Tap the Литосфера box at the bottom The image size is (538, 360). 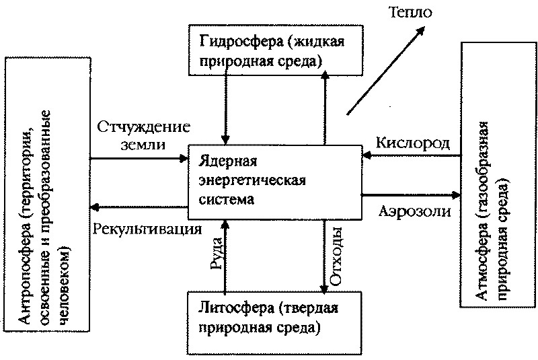coord(275,322)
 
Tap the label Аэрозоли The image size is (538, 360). coord(412,211)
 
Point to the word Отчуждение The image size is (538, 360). coord(143,127)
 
